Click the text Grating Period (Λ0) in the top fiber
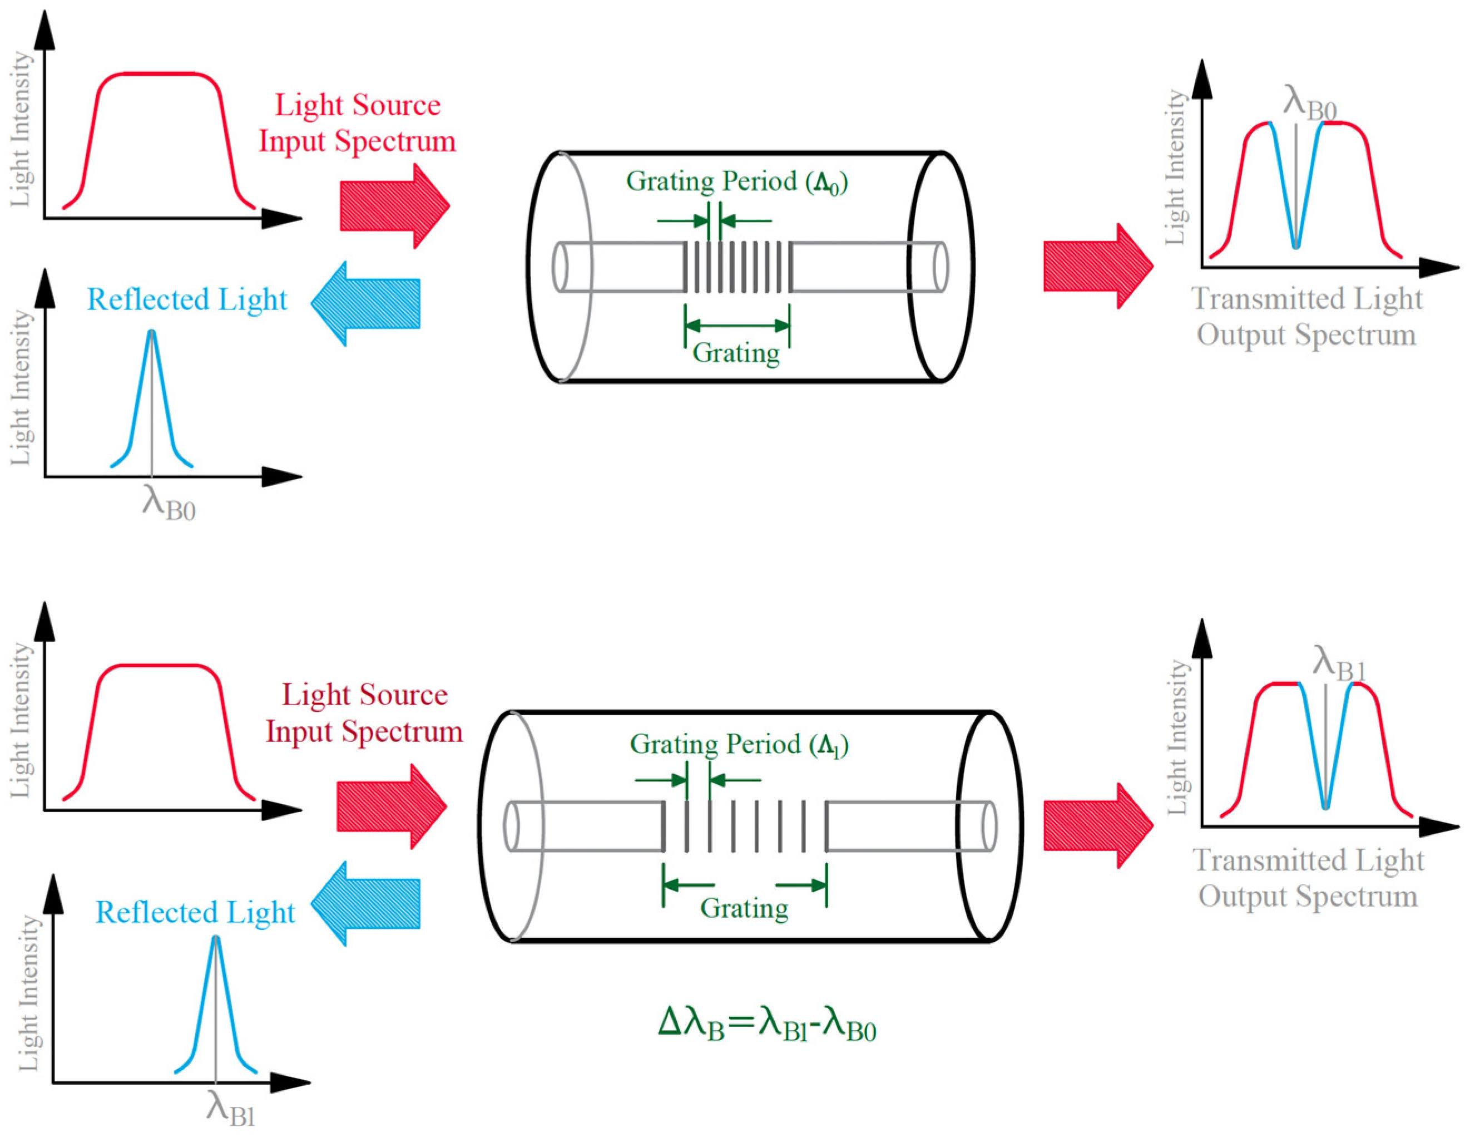pyautogui.click(x=736, y=182)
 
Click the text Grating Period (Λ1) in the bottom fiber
pyautogui.click(x=739, y=744)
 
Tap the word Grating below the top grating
pyautogui.click(x=736, y=352)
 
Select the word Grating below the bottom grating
pyautogui.click(x=744, y=908)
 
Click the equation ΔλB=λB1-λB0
pyautogui.click(x=766, y=1025)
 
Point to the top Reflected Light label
pyautogui.click(x=186, y=299)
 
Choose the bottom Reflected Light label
pyautogui.click(x=195, y=912)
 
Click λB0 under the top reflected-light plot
pyautogui.click(x=169, y=503)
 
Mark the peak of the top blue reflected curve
pyautogui.click(x=151, y=332)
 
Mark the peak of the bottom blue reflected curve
pyautogui.click(x=216, y=938)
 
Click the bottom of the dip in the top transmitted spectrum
pyautogui.click(x=1296, y=246)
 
